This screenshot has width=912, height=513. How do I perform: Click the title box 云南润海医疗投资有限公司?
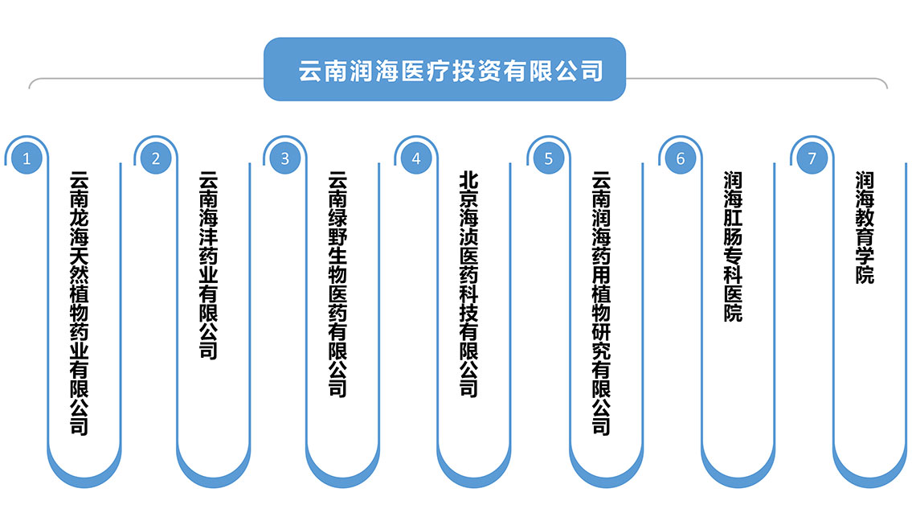pos(444,70)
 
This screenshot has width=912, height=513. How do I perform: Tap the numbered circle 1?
pos(27,158)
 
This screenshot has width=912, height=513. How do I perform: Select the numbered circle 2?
pos(156,158)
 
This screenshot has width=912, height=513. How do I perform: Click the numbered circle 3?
pos(284,158)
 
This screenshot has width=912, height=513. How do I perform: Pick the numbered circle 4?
pos(416,158)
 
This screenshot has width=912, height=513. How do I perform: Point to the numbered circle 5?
pos(548,158)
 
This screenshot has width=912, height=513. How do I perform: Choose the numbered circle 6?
pos(680,158)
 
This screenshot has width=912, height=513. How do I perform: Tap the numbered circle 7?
pos(812,158)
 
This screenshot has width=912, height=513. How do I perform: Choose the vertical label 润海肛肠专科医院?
pos(733,246)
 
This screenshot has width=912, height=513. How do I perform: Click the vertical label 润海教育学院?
pos(865,227)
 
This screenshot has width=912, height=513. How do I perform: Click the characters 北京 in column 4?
pos(469,189)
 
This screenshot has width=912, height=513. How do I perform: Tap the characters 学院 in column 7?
pos(865,265)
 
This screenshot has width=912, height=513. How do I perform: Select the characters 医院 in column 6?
pos(733,304)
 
